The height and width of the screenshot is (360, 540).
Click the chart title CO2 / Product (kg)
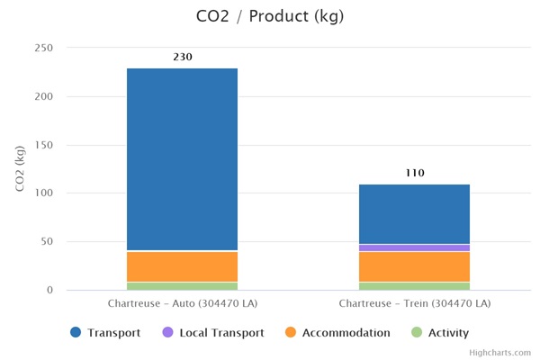tap(269, 16)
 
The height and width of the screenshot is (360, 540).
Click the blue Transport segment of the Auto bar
tap(182, 158)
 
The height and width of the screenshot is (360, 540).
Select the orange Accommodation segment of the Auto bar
tap(182, 266)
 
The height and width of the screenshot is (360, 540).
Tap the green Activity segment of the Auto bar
tap(182, 285)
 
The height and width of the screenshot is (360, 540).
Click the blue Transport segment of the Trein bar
tap(414, 213)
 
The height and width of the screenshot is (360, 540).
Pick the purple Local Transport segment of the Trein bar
tap(414, 247)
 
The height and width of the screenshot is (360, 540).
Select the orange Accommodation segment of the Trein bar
tap(414, 266)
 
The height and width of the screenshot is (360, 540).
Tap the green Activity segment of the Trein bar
tap(414, 285)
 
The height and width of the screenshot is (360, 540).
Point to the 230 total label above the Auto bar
tap(183, 57)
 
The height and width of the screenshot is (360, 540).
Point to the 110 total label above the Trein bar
tap(414, 173)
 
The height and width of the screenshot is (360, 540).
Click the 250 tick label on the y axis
tap(43, 48)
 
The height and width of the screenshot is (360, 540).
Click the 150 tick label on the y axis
tap(43, 145)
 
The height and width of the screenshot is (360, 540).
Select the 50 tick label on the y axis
tap(46, 242)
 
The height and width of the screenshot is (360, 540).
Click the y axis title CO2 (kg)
tap(20, 168)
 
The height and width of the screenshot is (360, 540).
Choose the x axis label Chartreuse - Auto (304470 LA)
tap(183, 303)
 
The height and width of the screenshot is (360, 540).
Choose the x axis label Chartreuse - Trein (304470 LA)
tap(415, 303)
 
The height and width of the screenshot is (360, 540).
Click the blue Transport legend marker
tap(76, 333)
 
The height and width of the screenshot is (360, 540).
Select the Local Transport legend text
tap(221, 333)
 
